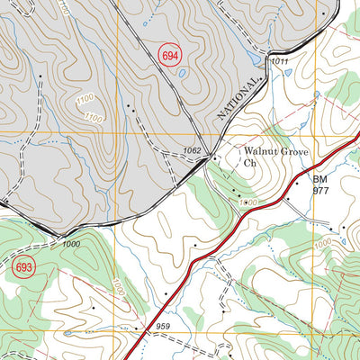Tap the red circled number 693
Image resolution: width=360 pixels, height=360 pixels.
25,266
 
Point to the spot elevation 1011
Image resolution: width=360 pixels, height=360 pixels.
280,61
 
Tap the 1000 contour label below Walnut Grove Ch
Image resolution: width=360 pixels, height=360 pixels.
249,204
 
